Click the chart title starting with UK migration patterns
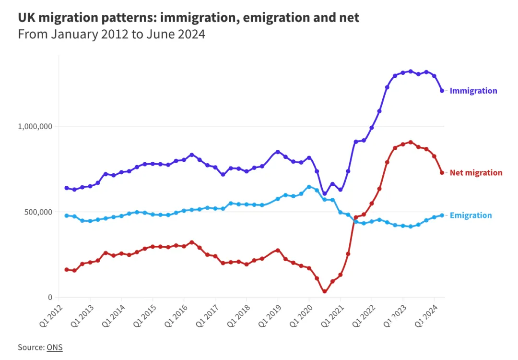(x=188, y=18)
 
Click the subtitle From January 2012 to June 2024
(x=111, y=35)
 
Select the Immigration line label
(x=473, y=91)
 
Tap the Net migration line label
(x=476, y=173)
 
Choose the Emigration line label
(x=471, y=216)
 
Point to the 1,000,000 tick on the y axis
(x=35, y=126)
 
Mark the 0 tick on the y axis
(x=49, y=297)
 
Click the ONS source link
(x=54, y=347)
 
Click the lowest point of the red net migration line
(x=325, y=291)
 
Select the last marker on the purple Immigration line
(x=442, y=91)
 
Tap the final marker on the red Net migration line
(x=442, y=173)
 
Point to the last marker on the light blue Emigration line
(x=442, y=216)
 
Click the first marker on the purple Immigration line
(x=67, y=188)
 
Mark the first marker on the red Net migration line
(x=67, y=270)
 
